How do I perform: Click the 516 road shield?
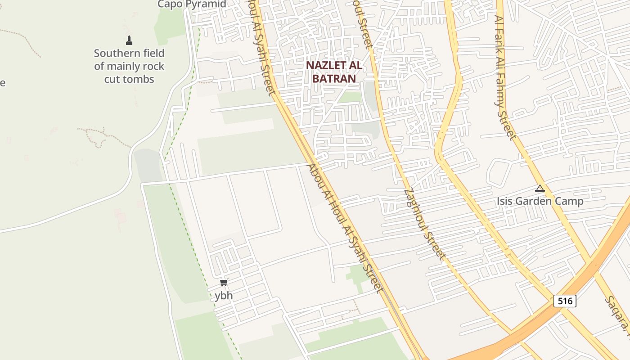(565, 301)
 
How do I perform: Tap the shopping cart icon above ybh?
(224, 283)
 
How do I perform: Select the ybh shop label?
(224, 296)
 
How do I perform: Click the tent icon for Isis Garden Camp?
(540, 188)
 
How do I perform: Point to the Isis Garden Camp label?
(540, 201)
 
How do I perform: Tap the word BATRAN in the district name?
(334, 78)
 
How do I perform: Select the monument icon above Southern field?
(129, 40)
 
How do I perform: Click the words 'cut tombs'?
(129, 79)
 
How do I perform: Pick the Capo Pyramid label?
(191, 4)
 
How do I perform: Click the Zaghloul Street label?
(425, 224)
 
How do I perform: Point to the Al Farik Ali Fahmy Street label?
(505, 77)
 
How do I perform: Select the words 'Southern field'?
(129, 54)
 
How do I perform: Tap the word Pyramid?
(208, 4)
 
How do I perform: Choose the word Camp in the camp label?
(570, 201)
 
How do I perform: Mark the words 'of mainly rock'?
(129, 67)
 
